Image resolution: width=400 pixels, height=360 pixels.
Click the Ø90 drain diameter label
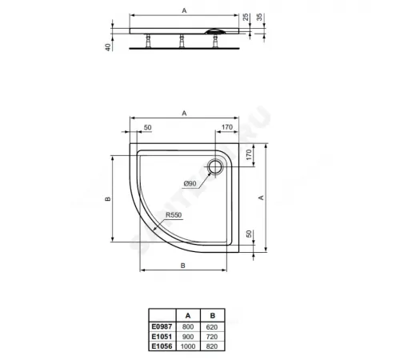tap(191, 184)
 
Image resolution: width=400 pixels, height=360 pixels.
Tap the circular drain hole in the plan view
tap(216, 167)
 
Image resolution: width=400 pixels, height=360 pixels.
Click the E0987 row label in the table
tap(162, 328)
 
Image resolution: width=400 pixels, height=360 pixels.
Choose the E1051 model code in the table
tap(162, 338)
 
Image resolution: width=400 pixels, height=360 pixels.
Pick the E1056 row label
tap(162, 349)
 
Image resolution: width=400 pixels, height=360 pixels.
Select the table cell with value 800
tap(188, 328)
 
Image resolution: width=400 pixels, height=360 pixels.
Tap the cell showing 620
tap(211, 328)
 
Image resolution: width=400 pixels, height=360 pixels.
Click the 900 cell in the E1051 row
tap(188, 338)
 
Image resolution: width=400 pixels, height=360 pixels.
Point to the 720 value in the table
tap(211, 338)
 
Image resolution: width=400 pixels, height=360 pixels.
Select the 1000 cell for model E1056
tap(188, 349)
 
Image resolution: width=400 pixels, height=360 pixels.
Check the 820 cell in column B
tap(211, 349)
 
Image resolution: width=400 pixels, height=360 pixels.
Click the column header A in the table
tap(188, 316)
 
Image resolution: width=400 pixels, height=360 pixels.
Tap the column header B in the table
tap(211, 316)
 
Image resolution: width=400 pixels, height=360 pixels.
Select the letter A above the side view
tap(185, 10)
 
